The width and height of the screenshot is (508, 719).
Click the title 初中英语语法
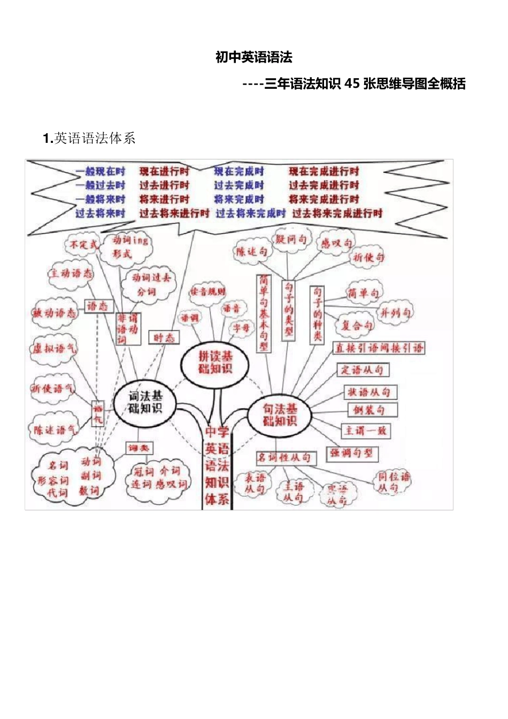[253, 57]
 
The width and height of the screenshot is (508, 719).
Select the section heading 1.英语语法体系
[89, 139]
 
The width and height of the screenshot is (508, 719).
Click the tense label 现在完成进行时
[324, 172]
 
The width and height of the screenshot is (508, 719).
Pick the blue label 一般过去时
[100, 186]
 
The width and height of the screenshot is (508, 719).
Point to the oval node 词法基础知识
[145, 402]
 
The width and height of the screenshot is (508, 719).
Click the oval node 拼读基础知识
[215, 362]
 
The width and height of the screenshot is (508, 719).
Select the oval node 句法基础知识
[280, 415]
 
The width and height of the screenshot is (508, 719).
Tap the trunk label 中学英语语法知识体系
[217, 465]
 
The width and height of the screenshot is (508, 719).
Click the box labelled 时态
[164, 338]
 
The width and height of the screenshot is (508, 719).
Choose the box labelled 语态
[97, 306]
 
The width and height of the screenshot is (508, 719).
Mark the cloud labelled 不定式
[83, 245]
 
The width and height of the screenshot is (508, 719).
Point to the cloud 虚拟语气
[53, 349]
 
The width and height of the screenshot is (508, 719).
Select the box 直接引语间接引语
[379, 348]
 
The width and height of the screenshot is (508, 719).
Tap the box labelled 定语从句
[363, 370]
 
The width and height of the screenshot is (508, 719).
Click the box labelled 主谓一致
[366, 431]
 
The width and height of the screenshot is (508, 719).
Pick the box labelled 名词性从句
[285, 458]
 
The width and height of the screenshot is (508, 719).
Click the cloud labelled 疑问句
[291, 239]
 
